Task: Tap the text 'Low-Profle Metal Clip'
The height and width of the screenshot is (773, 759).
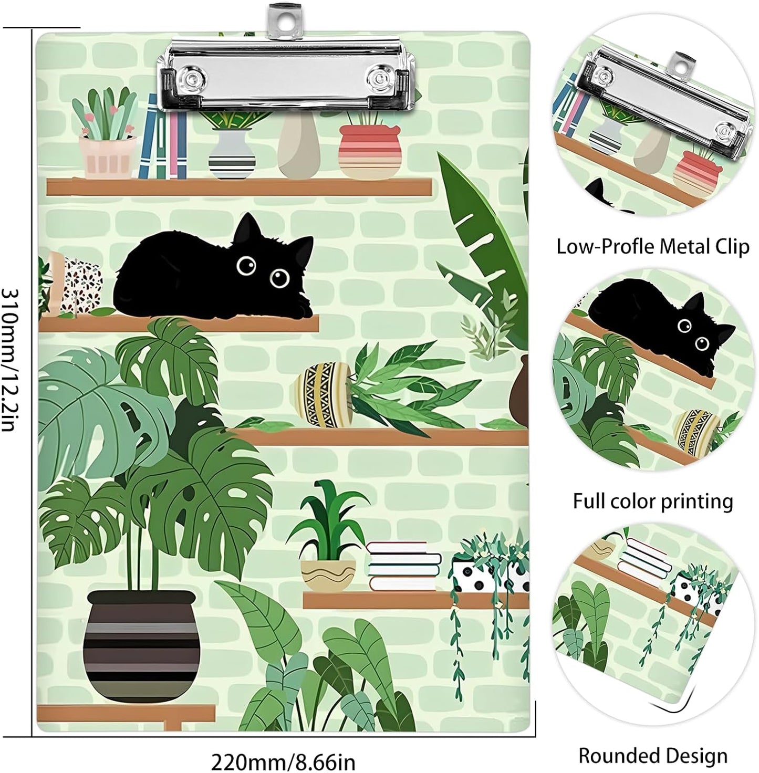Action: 652,246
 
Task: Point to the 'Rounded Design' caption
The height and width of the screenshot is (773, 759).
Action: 652,756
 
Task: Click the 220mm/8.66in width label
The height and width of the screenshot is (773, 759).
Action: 283,761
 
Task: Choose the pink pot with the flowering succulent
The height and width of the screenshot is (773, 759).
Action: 107,155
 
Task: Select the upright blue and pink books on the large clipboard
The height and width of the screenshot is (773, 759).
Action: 163,139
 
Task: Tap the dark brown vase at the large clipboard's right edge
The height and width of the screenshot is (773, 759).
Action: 519,391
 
